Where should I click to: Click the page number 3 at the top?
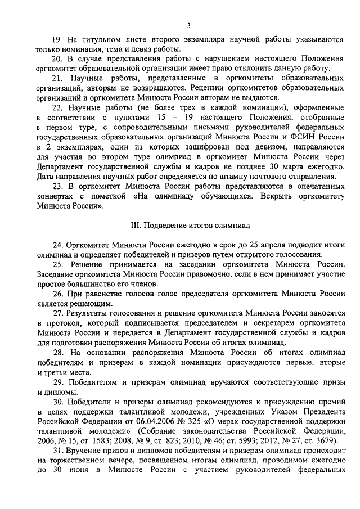click(x=189, y=24)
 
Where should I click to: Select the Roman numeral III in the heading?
click(x=134, y=226)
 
